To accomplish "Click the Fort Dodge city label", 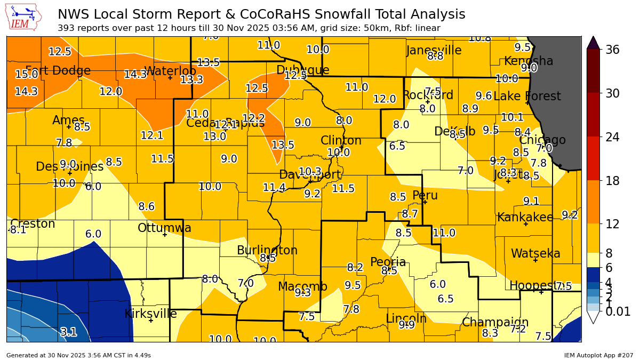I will coord(58,71).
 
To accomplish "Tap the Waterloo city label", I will coord(170,71).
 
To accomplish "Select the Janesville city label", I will coord(434,50).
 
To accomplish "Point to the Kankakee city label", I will coord(525,217).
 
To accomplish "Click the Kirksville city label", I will coord(150,314).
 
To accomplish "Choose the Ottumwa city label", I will coord(164,228).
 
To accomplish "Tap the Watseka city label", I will coord(535,253).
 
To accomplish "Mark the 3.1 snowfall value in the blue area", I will coord(68,332).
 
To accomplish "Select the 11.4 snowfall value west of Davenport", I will coord(274,187).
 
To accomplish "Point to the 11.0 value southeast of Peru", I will coord(444,233).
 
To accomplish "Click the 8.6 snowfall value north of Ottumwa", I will coord(146,206).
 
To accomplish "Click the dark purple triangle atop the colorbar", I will coord(593,43).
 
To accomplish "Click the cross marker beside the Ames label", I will coord(69,127).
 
